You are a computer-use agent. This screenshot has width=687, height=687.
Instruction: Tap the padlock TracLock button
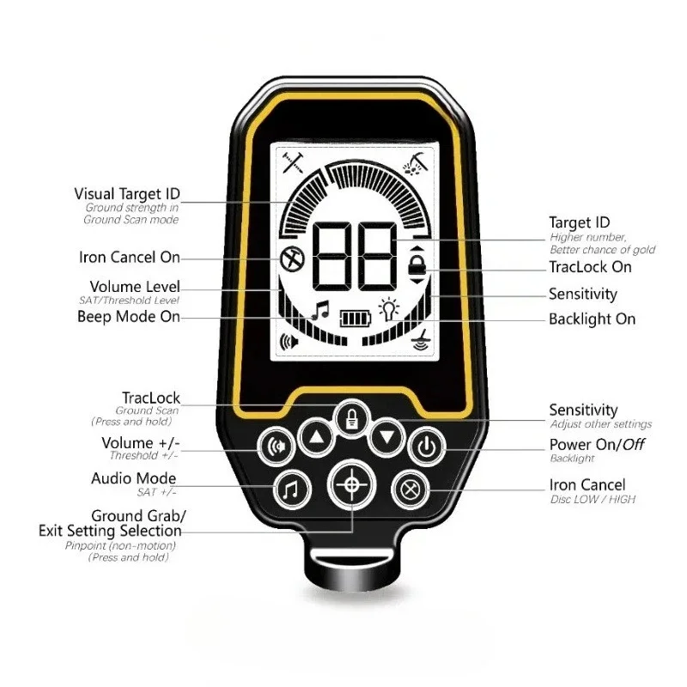pyautogui.click(x=350, y=418)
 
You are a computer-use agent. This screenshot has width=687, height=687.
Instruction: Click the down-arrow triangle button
pyautogui.click(x=386, y=438)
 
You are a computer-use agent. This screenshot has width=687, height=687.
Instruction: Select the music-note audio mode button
pyautogui.click(x=290, y=489)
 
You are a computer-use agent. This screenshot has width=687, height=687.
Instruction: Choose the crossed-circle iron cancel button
pyautogui.click(x=410, y=489)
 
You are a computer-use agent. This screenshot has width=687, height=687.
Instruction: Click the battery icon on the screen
pyautogui.click(x=352, y=319)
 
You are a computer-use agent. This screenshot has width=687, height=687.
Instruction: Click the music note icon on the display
pyautogui.click(x=319, y=310)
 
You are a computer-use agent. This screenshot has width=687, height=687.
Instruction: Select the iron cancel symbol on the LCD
pyautogui.click(x=290, y=257)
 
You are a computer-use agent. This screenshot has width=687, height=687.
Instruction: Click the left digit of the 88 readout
pyautogui.click(x=331, y=257)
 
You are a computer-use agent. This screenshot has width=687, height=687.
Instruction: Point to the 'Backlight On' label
pyautogui.click(x=592, y=319)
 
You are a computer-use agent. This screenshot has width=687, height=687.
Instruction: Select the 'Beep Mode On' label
pyautogui.click(x=129, y=316)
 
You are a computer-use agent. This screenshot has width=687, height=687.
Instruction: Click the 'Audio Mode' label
pyautogui.click(x=133, y=478)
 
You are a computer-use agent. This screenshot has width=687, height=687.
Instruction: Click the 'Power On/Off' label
pyautogui.click(x=597, y=445)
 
